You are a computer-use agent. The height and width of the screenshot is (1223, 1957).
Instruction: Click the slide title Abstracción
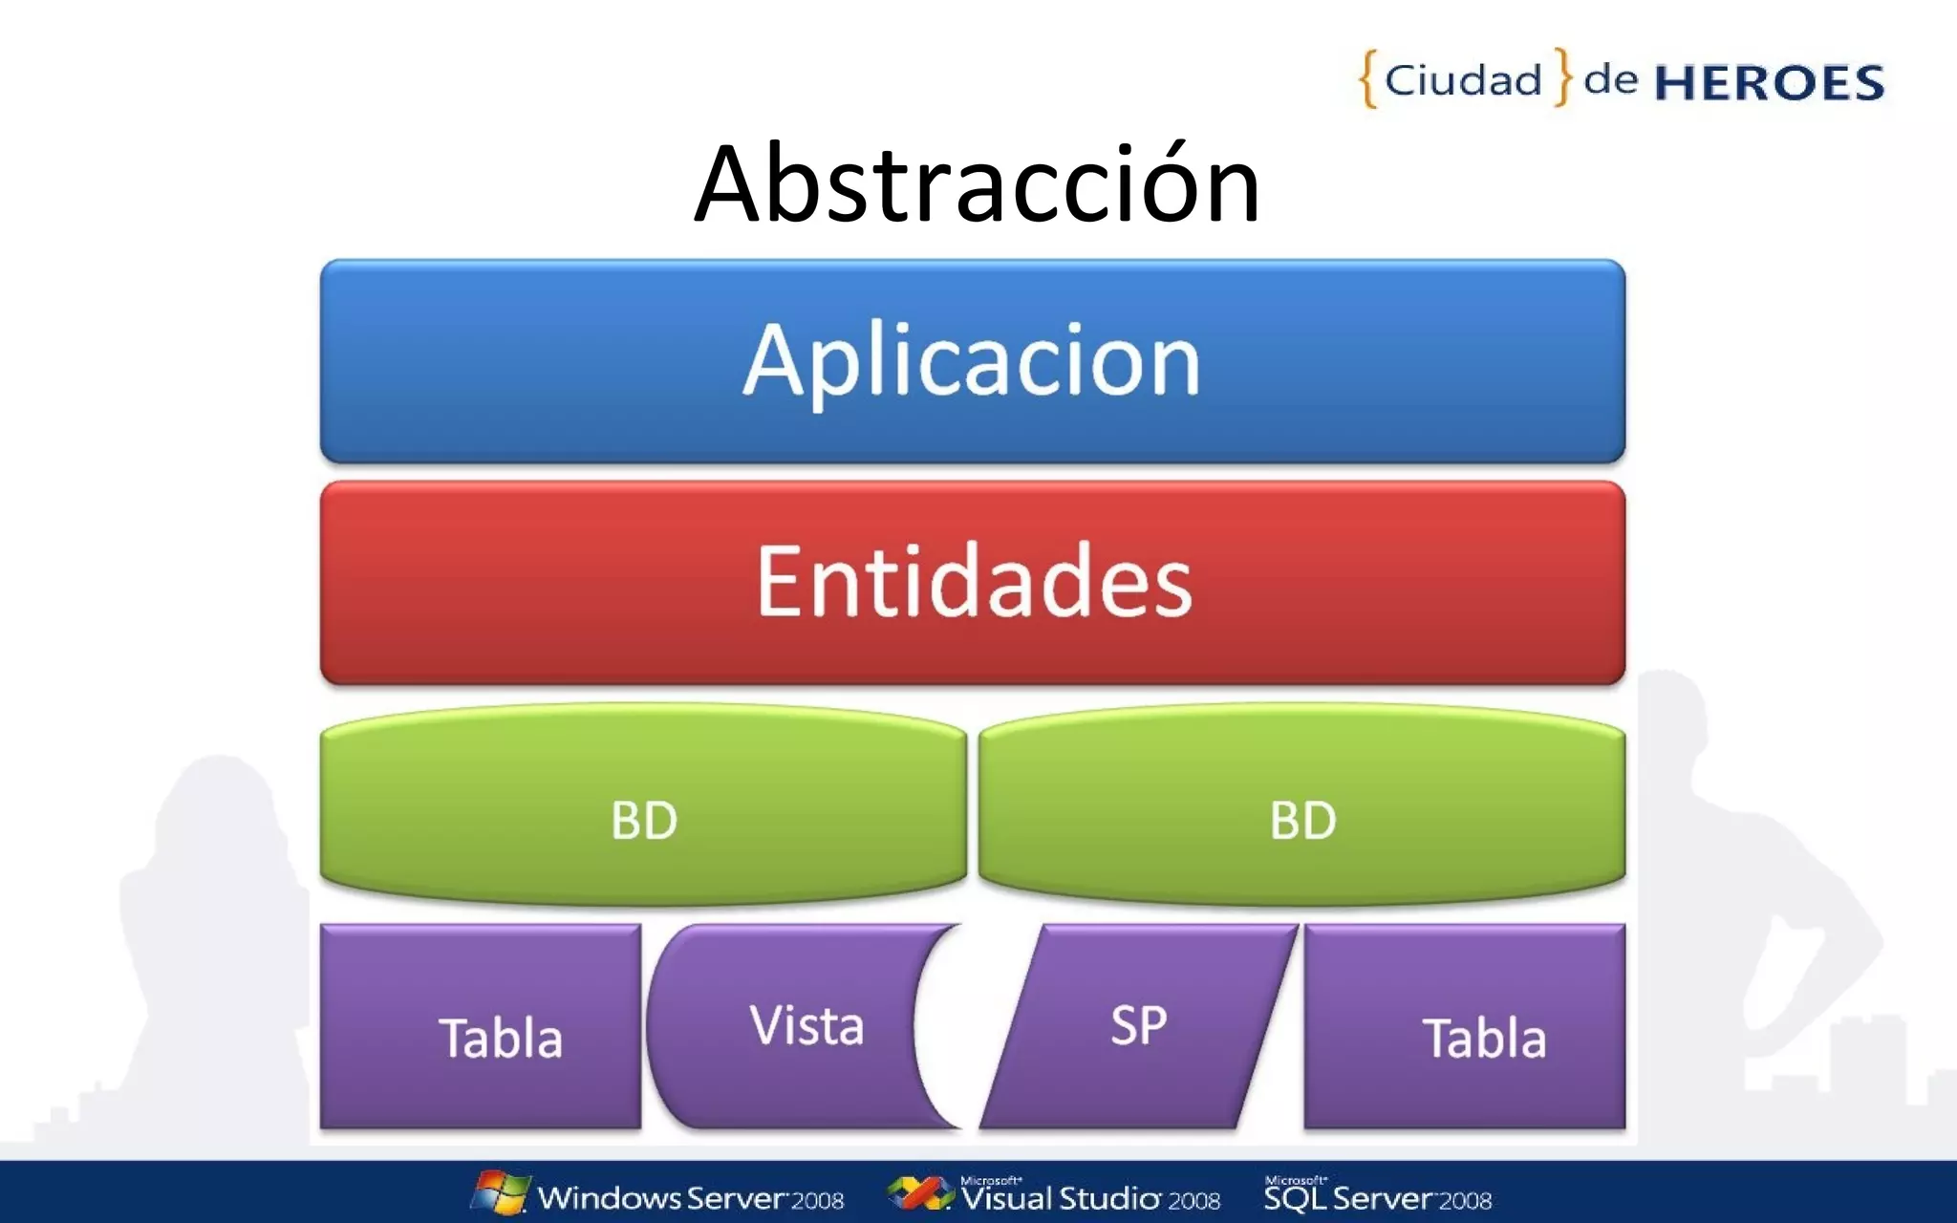pos(977,183)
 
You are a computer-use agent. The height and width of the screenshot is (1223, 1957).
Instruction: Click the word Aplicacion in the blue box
pos(972,360)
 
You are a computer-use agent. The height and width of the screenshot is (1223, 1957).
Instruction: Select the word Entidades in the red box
pos(974,581)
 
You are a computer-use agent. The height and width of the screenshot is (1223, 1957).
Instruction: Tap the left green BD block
pos(643,819)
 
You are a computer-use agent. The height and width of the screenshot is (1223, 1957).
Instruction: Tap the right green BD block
pos(1302,819)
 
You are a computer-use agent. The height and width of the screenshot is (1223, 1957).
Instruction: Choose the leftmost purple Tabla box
pos(481,1027)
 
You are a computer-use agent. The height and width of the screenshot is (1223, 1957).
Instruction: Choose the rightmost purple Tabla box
pos(1464,1027)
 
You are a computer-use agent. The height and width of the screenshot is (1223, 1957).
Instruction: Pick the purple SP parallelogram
pos(1138,1026)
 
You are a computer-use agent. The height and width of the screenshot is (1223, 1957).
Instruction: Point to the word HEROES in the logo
pos(1769,83)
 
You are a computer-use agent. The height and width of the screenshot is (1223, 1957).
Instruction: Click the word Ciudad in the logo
pos(1463,80)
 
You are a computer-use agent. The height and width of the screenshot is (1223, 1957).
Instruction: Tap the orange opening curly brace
pos(1368,78)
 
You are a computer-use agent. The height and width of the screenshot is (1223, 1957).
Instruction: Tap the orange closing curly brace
pos(1562,76)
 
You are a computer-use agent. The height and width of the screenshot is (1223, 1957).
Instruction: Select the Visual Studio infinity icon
pos(919,1193)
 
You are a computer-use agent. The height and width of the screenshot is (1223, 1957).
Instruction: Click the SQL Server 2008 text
pos(1377,1197)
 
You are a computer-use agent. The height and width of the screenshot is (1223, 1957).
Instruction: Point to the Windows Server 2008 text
pos(690,1198)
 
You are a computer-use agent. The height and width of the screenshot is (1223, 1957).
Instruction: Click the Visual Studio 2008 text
pos(1090,1197)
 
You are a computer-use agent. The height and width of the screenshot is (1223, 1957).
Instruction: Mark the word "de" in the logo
pos(1610,79)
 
